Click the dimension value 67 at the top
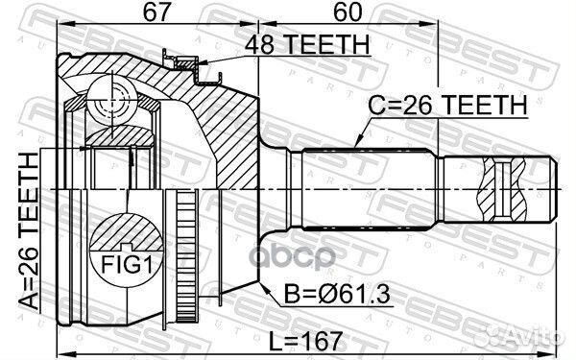click(x=157, y=13)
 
